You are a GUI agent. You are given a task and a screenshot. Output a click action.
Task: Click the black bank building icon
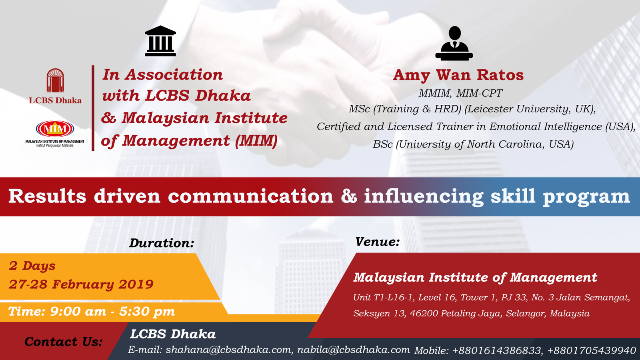pyautogui.click(x=160, y=41)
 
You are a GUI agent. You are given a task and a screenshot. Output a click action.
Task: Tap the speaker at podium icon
pyautogui.click(x=454, y=44)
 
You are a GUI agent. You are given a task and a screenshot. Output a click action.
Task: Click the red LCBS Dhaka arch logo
pyautogui.click(x=55, y=80)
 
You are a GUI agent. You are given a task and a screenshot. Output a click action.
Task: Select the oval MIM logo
pyautogui.click(x=55, y=129)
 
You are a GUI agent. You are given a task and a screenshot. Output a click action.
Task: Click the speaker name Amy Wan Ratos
pyautogui.click(x=458, y=75)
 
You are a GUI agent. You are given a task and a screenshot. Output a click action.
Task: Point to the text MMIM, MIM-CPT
pyautogui.click(x=460, y=93)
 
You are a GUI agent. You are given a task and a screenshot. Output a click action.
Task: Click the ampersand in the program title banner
pyautogui.click(x=348, y=196)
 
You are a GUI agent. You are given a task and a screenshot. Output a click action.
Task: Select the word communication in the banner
pyautogui.click(x=250, y=196)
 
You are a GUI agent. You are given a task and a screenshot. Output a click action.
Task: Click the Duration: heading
pyautogui.click(x=162, y=243)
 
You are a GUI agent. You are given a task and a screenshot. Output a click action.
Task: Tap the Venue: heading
pyautogui.click(x=377, y=242)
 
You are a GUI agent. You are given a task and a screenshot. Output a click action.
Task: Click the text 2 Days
pyautogui.click(x=32, y=266)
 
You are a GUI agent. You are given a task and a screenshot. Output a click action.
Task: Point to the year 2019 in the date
pyautogui.click(x=136, y=284)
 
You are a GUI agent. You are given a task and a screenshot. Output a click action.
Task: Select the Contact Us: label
pyautogui.click(x=64, y=342)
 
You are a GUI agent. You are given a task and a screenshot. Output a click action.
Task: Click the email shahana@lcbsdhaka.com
pyautogui.click(x=228, y=350)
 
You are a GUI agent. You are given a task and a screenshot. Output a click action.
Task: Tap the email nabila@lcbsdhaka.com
pyautogui.click(x=354, y=350)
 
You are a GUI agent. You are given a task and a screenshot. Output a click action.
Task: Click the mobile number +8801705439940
pyautogui.click(x=591, y=350)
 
